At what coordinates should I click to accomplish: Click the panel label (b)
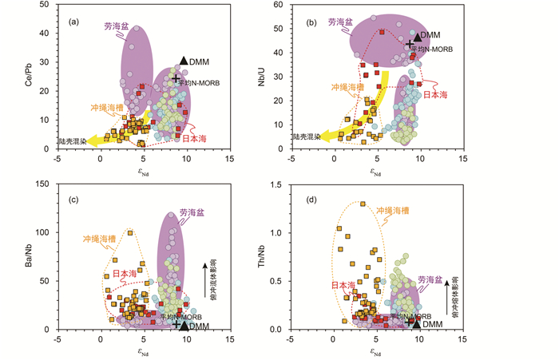pyautogui.click(x=313, y=22)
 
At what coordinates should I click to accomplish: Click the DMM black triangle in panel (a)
pyautogui.click(x=183, y=61)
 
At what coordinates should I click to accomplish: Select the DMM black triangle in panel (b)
pyautogui.click(x=415, y=35)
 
